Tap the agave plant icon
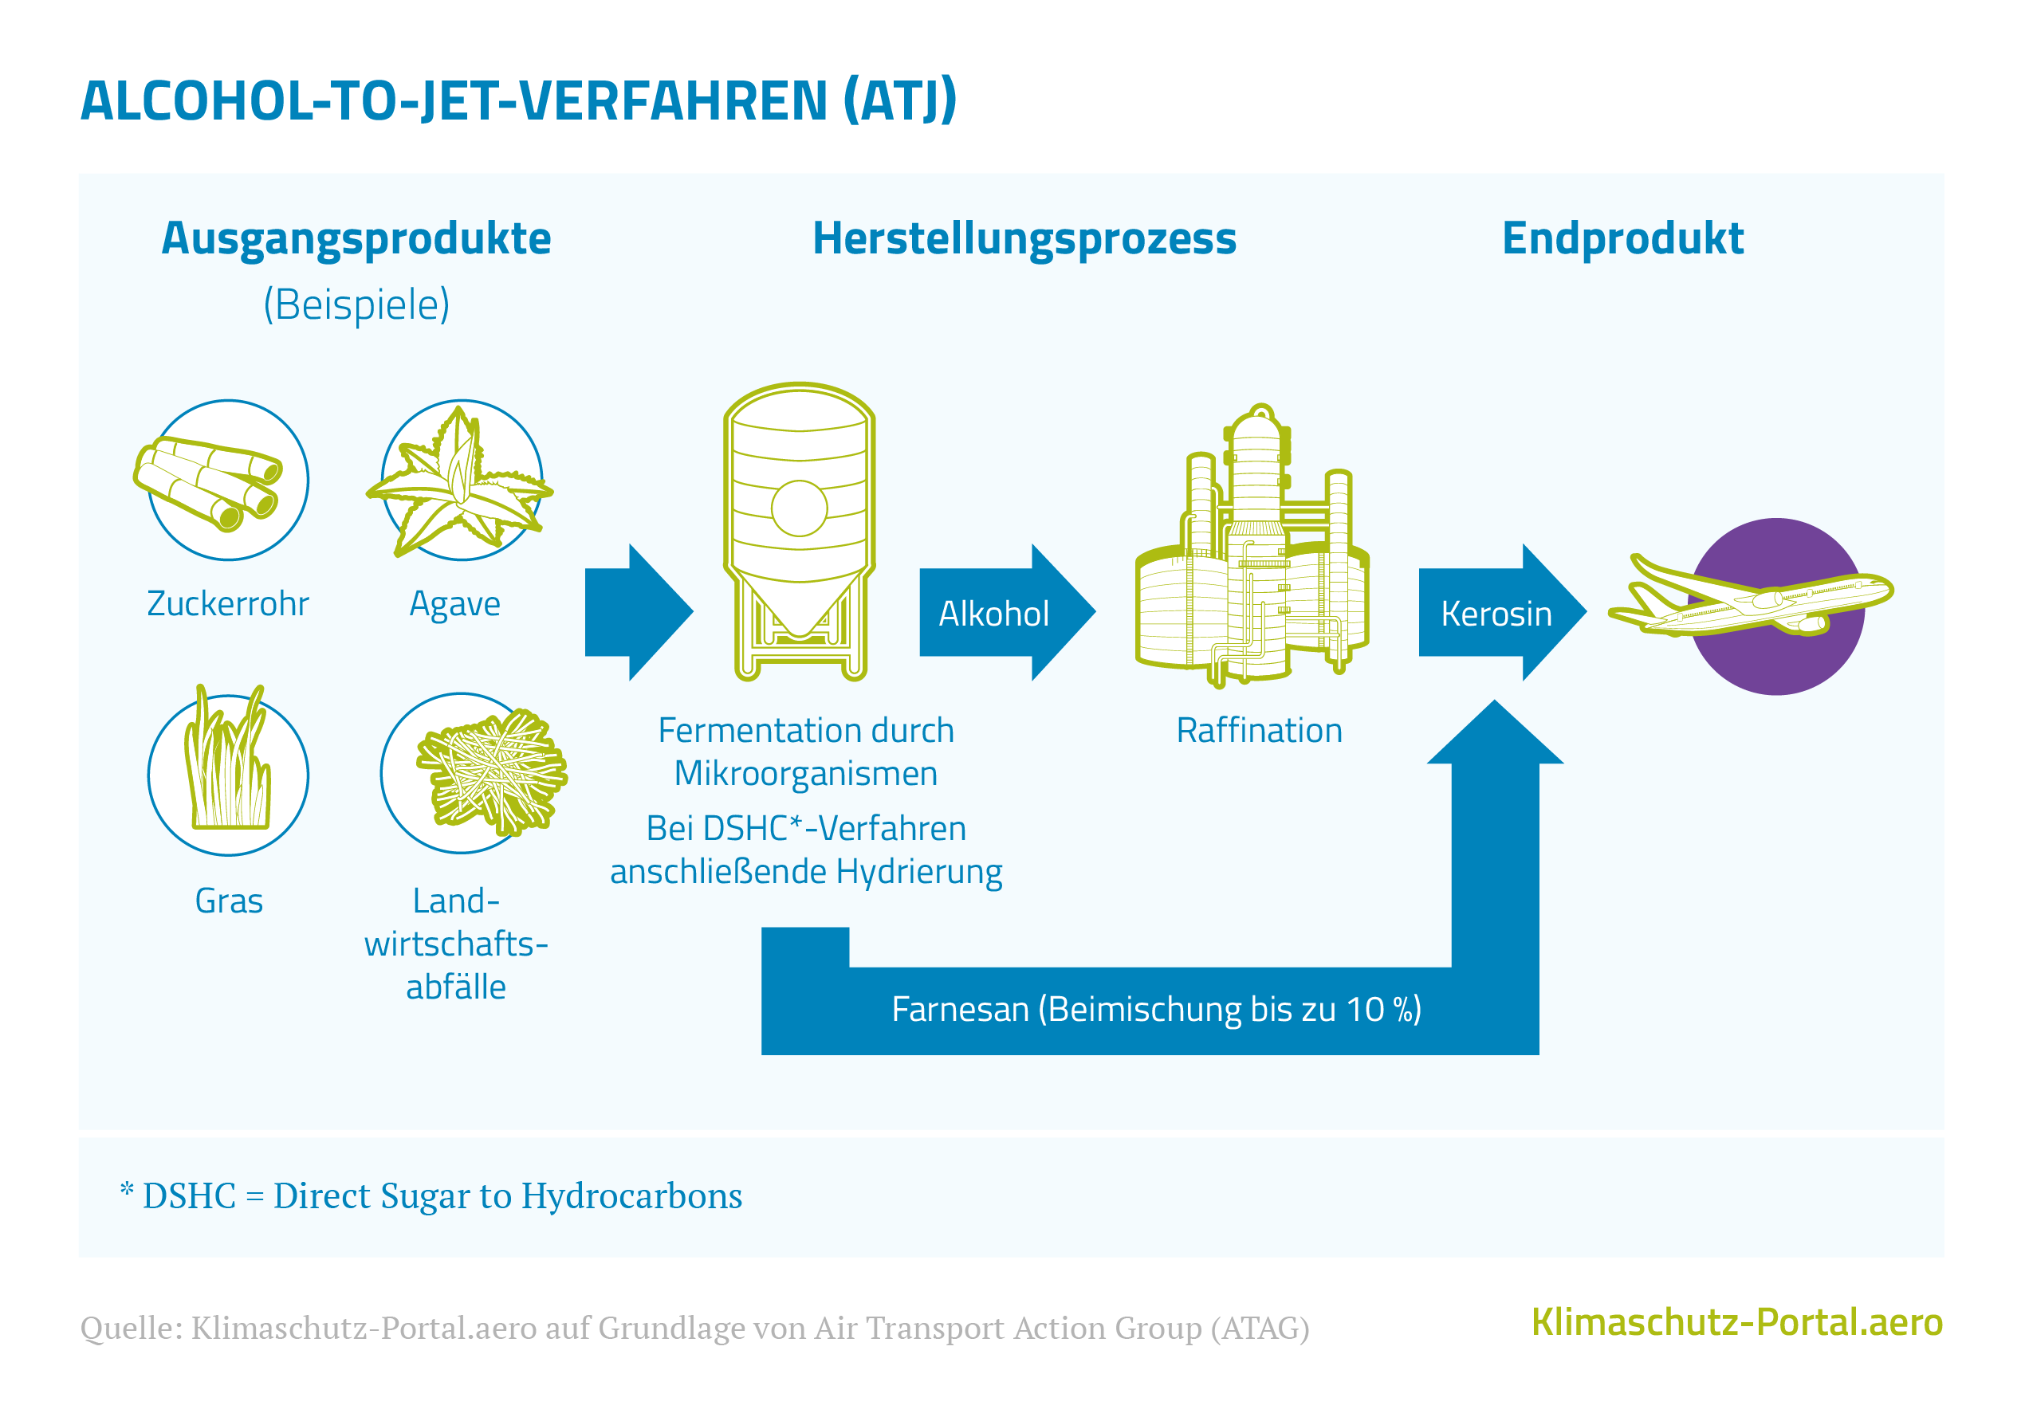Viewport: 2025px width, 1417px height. [460, 481]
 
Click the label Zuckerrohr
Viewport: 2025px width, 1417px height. [227, 604]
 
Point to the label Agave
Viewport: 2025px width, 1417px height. [455, 604]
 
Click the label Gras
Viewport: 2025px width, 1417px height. [229, 901]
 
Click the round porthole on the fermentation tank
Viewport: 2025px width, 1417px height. [799, 508]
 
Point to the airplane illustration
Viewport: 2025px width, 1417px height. [1751, 599]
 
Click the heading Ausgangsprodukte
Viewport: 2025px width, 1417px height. [356, 238]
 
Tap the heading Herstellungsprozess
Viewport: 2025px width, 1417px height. [1024, 238]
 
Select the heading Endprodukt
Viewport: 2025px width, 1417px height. [1623, 238]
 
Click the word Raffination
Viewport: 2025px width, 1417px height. [1259, 730]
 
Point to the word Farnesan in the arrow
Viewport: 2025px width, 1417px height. [960, 1009]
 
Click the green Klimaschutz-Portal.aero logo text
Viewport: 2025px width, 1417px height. [1736, 1322]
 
